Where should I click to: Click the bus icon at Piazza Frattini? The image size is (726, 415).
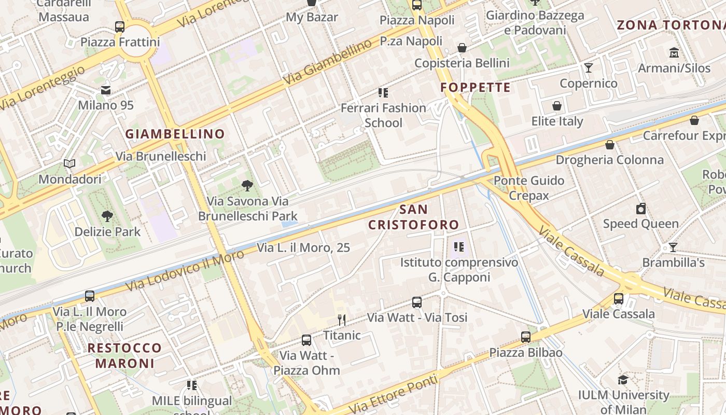(x=120, y=26)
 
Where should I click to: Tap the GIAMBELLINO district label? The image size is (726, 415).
(x=175, y=134)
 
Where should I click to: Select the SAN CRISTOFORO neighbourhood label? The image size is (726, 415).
(x=414, y=217)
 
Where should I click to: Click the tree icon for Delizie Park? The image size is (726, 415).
(x=107, y=216)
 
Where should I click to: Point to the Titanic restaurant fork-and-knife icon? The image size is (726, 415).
(x=341, y=320)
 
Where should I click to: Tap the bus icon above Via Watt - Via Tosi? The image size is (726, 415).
(x=417, y=302)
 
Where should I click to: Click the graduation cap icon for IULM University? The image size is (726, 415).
(x=623, y=380)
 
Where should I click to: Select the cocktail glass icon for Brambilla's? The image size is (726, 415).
(x=673, y=247)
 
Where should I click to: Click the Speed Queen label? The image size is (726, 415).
(x=640, y=224)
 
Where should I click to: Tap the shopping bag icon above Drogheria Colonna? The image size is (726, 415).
(x=610, y=145)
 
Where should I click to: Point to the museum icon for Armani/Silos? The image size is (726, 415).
(x=674, y=53)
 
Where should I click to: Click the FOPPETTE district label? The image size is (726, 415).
(x=476, y=87)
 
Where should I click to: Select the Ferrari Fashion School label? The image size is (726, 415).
(x=383, y=115)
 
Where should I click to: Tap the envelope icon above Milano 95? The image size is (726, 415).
(x=106, y=90)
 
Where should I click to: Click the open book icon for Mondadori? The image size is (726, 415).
(x=69, y=164)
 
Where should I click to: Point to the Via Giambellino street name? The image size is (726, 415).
(x=328, y=62)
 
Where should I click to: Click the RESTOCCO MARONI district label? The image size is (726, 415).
(x=124, y=355)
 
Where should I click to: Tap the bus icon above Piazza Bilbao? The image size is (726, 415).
(x=526, y=337)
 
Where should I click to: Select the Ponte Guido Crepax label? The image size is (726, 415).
(x=529, y=188)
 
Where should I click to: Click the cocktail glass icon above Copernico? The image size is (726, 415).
(x=588, y=68)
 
